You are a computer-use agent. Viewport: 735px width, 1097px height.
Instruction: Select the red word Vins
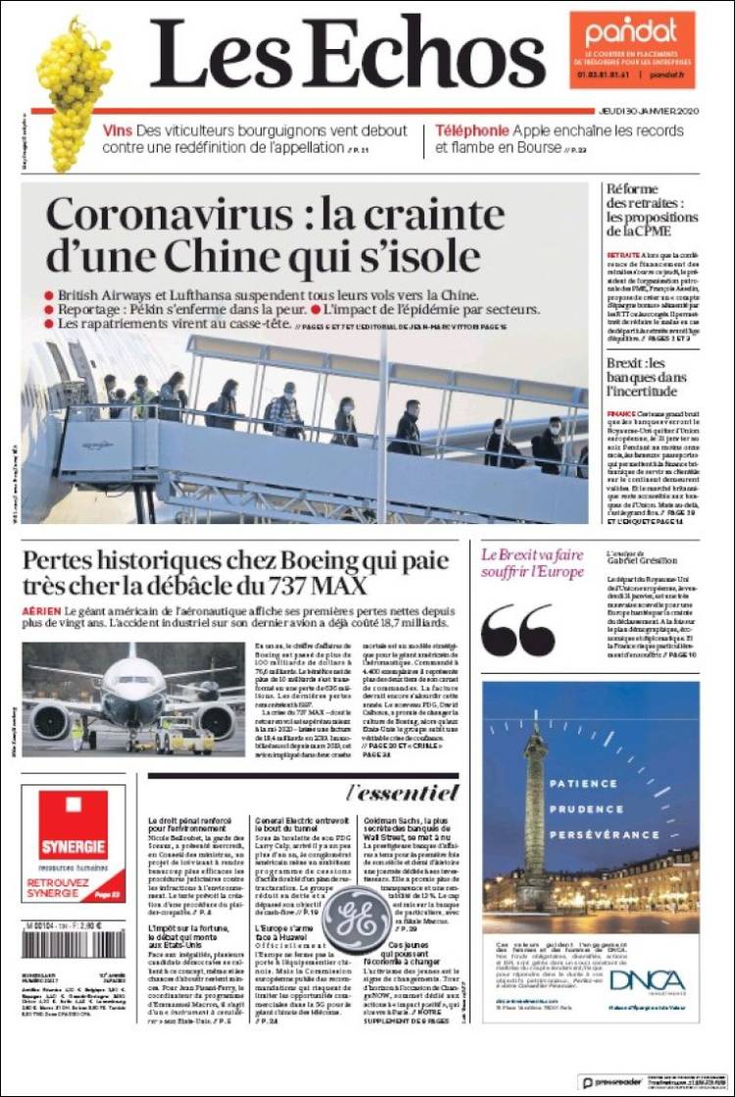117,131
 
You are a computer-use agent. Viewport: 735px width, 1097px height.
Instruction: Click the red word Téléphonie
471,131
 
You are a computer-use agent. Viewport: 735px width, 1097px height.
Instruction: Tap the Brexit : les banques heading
642,377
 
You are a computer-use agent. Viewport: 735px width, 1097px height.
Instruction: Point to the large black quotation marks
518,630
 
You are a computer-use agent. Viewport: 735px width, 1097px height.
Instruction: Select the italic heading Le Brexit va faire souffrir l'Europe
531,563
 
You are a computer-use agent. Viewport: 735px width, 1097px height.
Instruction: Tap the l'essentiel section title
402,791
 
